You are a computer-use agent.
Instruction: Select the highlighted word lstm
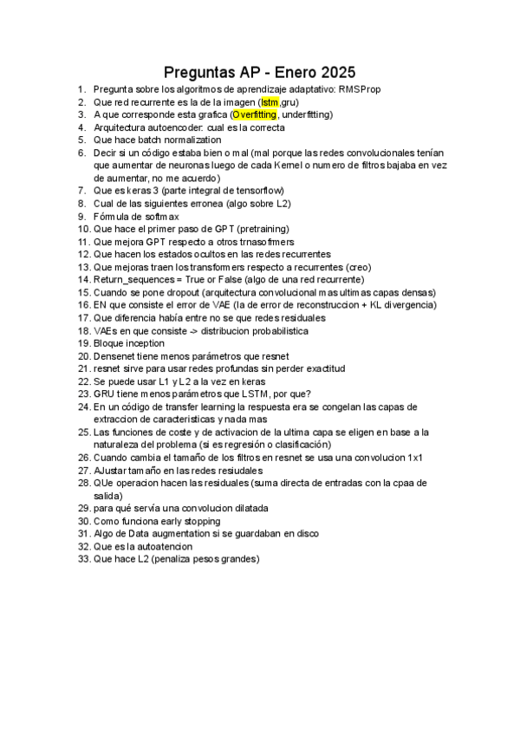pyautogui.click(x=270, y=102)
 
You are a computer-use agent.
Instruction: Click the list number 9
pyautogui.click(x=82, y=216)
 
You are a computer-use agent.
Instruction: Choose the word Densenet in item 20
pyautogui.click(x=115, y=356)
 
